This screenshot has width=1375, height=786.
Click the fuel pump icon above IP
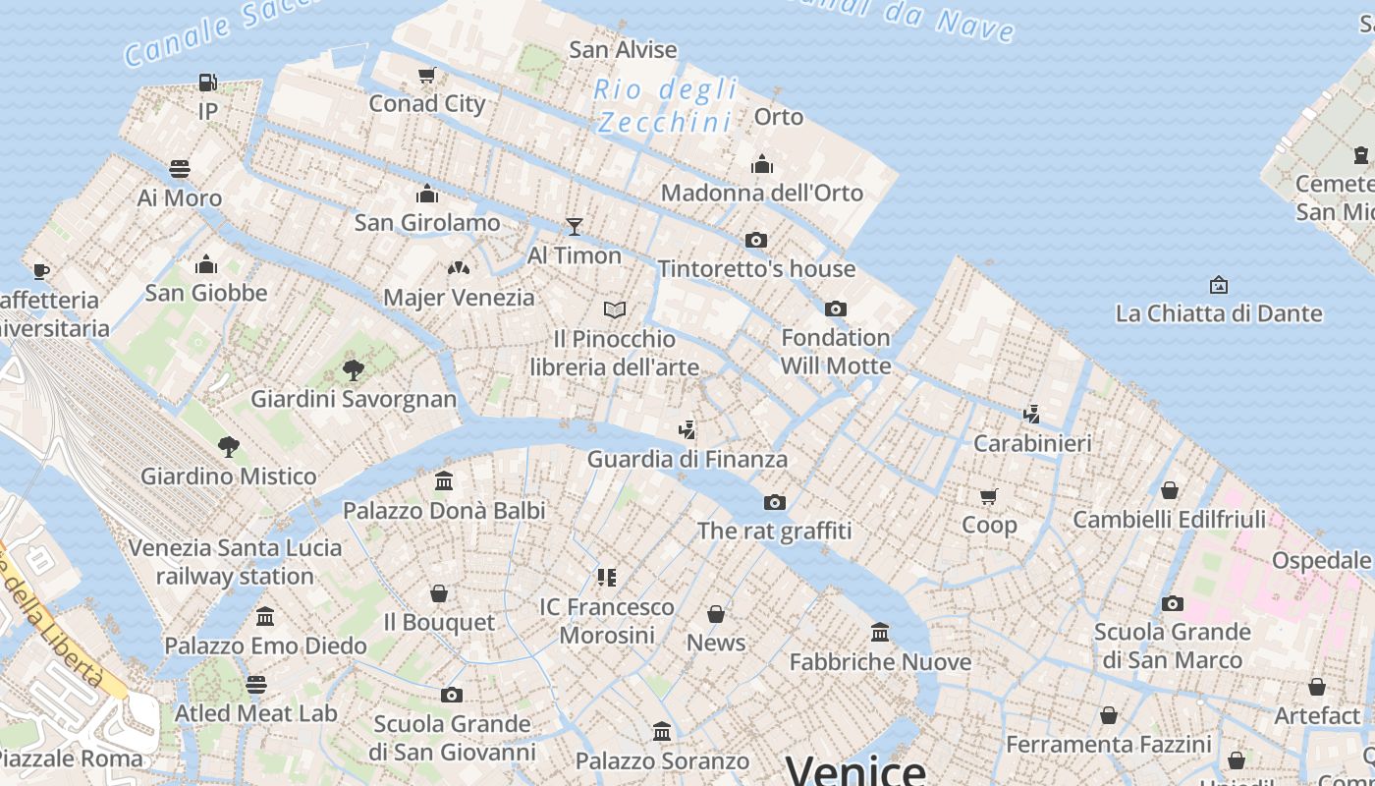click(207, 83)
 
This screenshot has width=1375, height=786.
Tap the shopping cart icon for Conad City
click(426, 76)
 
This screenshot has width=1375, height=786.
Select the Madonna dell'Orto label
click(761, 193)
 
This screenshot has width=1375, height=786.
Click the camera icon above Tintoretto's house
click(755, 240)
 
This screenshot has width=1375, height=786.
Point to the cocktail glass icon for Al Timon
click(575, 227)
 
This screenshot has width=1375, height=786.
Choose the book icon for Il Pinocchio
click(615, 310)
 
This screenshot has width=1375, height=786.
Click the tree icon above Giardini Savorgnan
click(354, 370)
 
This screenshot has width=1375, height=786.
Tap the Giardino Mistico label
click(229, 477)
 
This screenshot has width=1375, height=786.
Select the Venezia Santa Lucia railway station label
click(235, 562)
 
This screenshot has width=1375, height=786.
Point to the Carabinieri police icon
click(1031, 415)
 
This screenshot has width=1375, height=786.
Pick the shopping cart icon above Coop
click(989, 496)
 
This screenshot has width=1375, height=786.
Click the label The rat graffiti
click(774, 532)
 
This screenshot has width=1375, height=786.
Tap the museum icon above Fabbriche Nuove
click(880, 633)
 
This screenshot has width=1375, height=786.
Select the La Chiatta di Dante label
click(1219, 314)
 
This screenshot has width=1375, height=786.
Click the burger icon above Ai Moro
click(179, 169)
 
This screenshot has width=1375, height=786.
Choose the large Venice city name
click(855, 770)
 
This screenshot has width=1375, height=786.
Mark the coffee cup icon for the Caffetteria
click(40, 271)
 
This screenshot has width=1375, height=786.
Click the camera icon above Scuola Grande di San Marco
click(1172, 603)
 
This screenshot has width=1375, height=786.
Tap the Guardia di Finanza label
click(687, 460)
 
